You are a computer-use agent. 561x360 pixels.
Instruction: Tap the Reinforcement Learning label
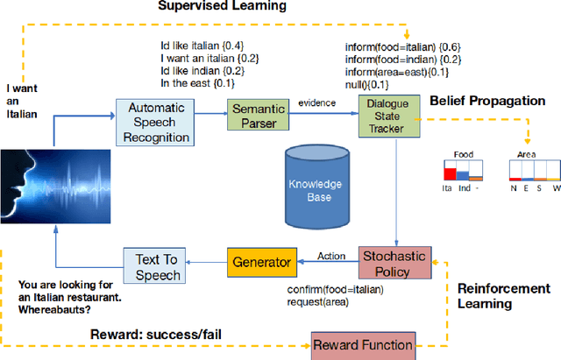pos(504,295)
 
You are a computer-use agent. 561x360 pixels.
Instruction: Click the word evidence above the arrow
pos(316,103)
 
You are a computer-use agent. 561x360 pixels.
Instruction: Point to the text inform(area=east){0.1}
pos(396,72)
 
